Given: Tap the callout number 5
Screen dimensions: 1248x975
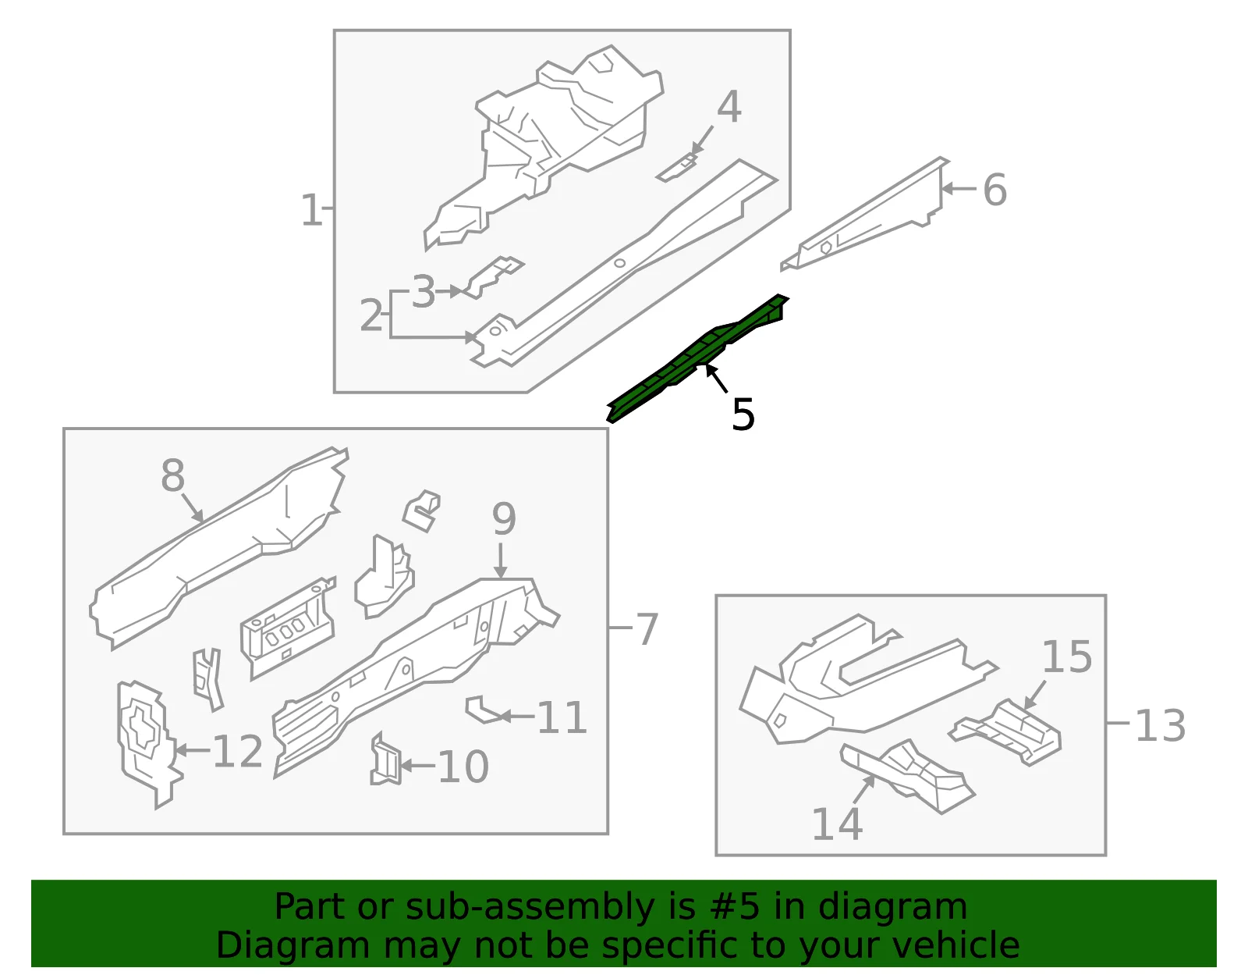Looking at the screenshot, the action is coord(743,414).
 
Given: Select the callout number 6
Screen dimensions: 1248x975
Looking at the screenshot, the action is coord(994,190).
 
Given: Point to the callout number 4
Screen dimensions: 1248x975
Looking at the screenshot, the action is coord(729,107).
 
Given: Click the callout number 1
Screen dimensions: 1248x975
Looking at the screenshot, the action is coord(311,210).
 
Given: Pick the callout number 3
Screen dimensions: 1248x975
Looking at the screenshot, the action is coord(424,292).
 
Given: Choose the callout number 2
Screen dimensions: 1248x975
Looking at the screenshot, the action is coord(371,315).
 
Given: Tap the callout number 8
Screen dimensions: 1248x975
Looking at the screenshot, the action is coord(173,475).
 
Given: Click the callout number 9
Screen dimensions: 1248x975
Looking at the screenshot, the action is coord(504,519).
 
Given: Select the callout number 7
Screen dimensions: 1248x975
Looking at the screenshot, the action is coord(647,629).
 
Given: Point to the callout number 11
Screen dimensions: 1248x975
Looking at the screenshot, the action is coord(562,717).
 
